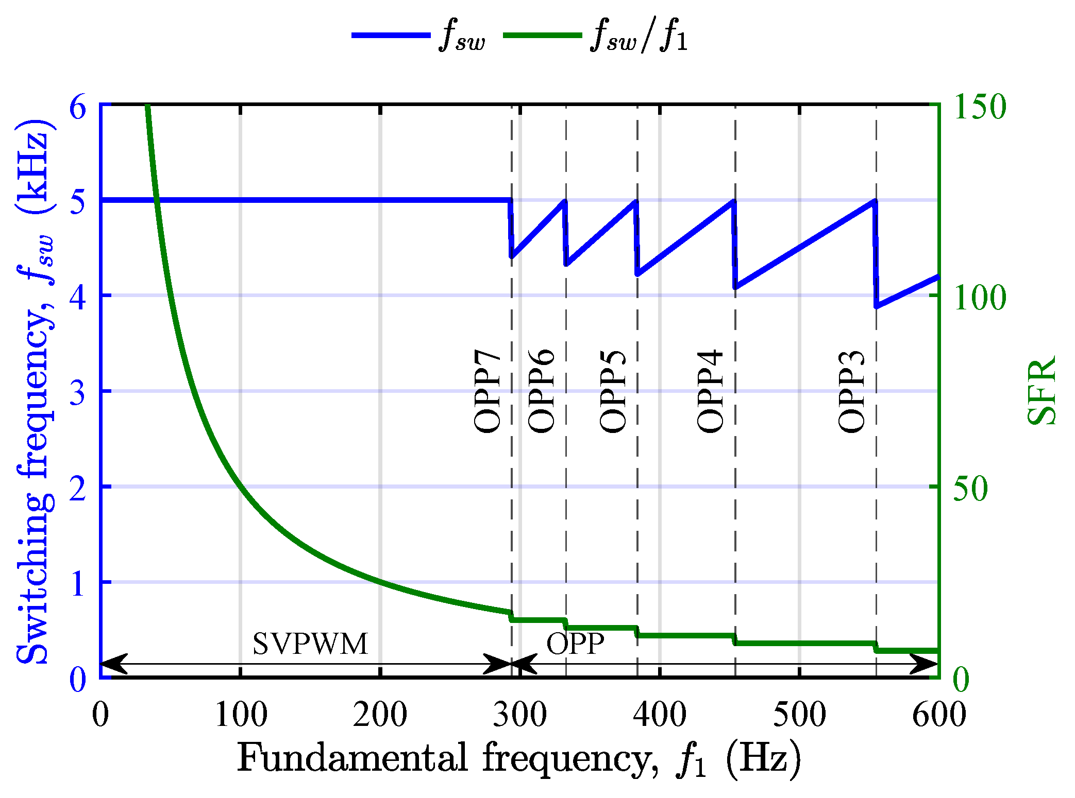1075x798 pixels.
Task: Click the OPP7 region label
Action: point(487,391)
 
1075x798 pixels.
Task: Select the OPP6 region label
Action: point(542,391)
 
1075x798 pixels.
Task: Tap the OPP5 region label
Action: point(613,391)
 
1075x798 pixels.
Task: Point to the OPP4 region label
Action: point(710,391)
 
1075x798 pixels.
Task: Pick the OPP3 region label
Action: point(851,391)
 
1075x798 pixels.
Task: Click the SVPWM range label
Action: point(310,644)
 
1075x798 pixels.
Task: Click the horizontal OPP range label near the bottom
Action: point(575,644)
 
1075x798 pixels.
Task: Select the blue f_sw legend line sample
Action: point(391,35)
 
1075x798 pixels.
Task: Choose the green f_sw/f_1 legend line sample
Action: point(542,35)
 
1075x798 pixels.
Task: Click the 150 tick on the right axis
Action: point(979,107)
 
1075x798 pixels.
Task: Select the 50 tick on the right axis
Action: point(970,488)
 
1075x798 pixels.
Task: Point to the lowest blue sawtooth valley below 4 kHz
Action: point(877,306)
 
